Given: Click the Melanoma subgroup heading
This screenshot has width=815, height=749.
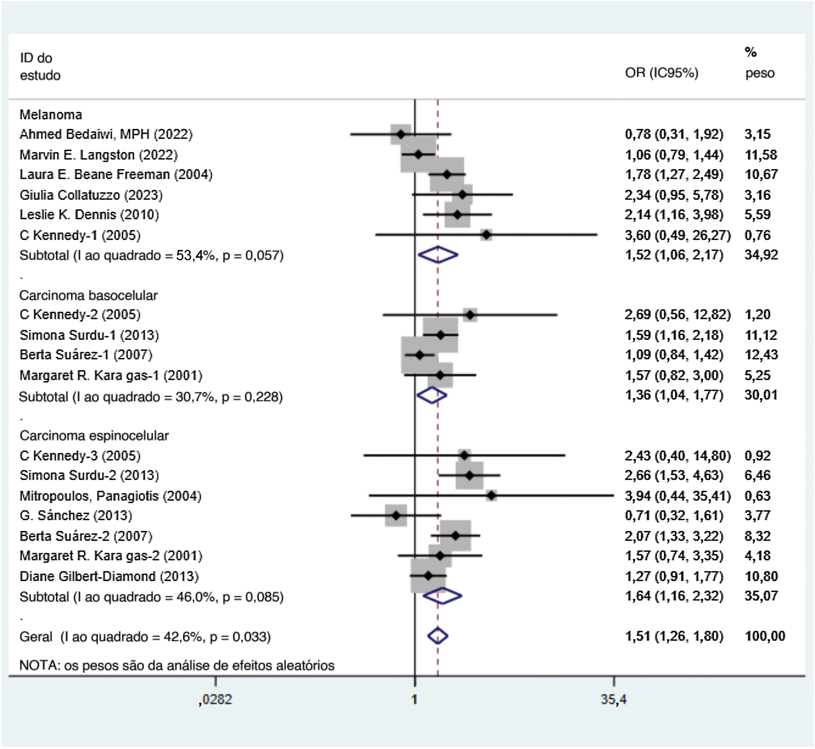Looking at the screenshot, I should pyautogui.click(x=51, y=115).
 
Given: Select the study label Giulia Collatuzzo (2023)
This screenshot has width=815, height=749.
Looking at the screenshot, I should pyautogui.click(x=91, y=195).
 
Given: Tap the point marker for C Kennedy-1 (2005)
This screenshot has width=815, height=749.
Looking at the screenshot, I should pyautogui.click(x=486, y=235).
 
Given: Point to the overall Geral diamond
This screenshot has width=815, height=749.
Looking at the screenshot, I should pyautogui.click(x=438, y=636).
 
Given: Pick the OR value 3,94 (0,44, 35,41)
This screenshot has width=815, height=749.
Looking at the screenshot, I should pyautogui.click(x=677, y=496).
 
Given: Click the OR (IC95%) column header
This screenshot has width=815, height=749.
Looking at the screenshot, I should pyautogui.click(x=661, y=73).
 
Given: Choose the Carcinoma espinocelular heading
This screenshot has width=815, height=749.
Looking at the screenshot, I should pyautogui.click(x=94, y=436).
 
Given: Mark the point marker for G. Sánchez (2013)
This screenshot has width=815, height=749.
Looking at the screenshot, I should pyautogui.click(x=396, y=515).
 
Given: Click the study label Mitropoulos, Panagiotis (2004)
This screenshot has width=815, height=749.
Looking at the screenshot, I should pyautogui.click(x=110, y=496).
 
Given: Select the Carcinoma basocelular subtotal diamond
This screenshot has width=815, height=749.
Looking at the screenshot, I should pyautogui.click(x=432, y=395).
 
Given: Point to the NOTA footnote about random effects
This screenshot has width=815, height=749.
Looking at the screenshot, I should pyautogui.click(x=177, y=665).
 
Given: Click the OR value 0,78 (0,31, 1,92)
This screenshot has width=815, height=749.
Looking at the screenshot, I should pyautogui.click(x=673, y=134).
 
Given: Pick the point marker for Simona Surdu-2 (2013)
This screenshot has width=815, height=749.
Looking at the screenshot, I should pyautogui.click(x=469, y=475).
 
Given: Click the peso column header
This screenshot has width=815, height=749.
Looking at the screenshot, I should pyautogui.click(x=760, y=73).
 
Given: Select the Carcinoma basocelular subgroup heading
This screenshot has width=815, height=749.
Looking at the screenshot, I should pyautogui.click(x=88, y=295).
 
